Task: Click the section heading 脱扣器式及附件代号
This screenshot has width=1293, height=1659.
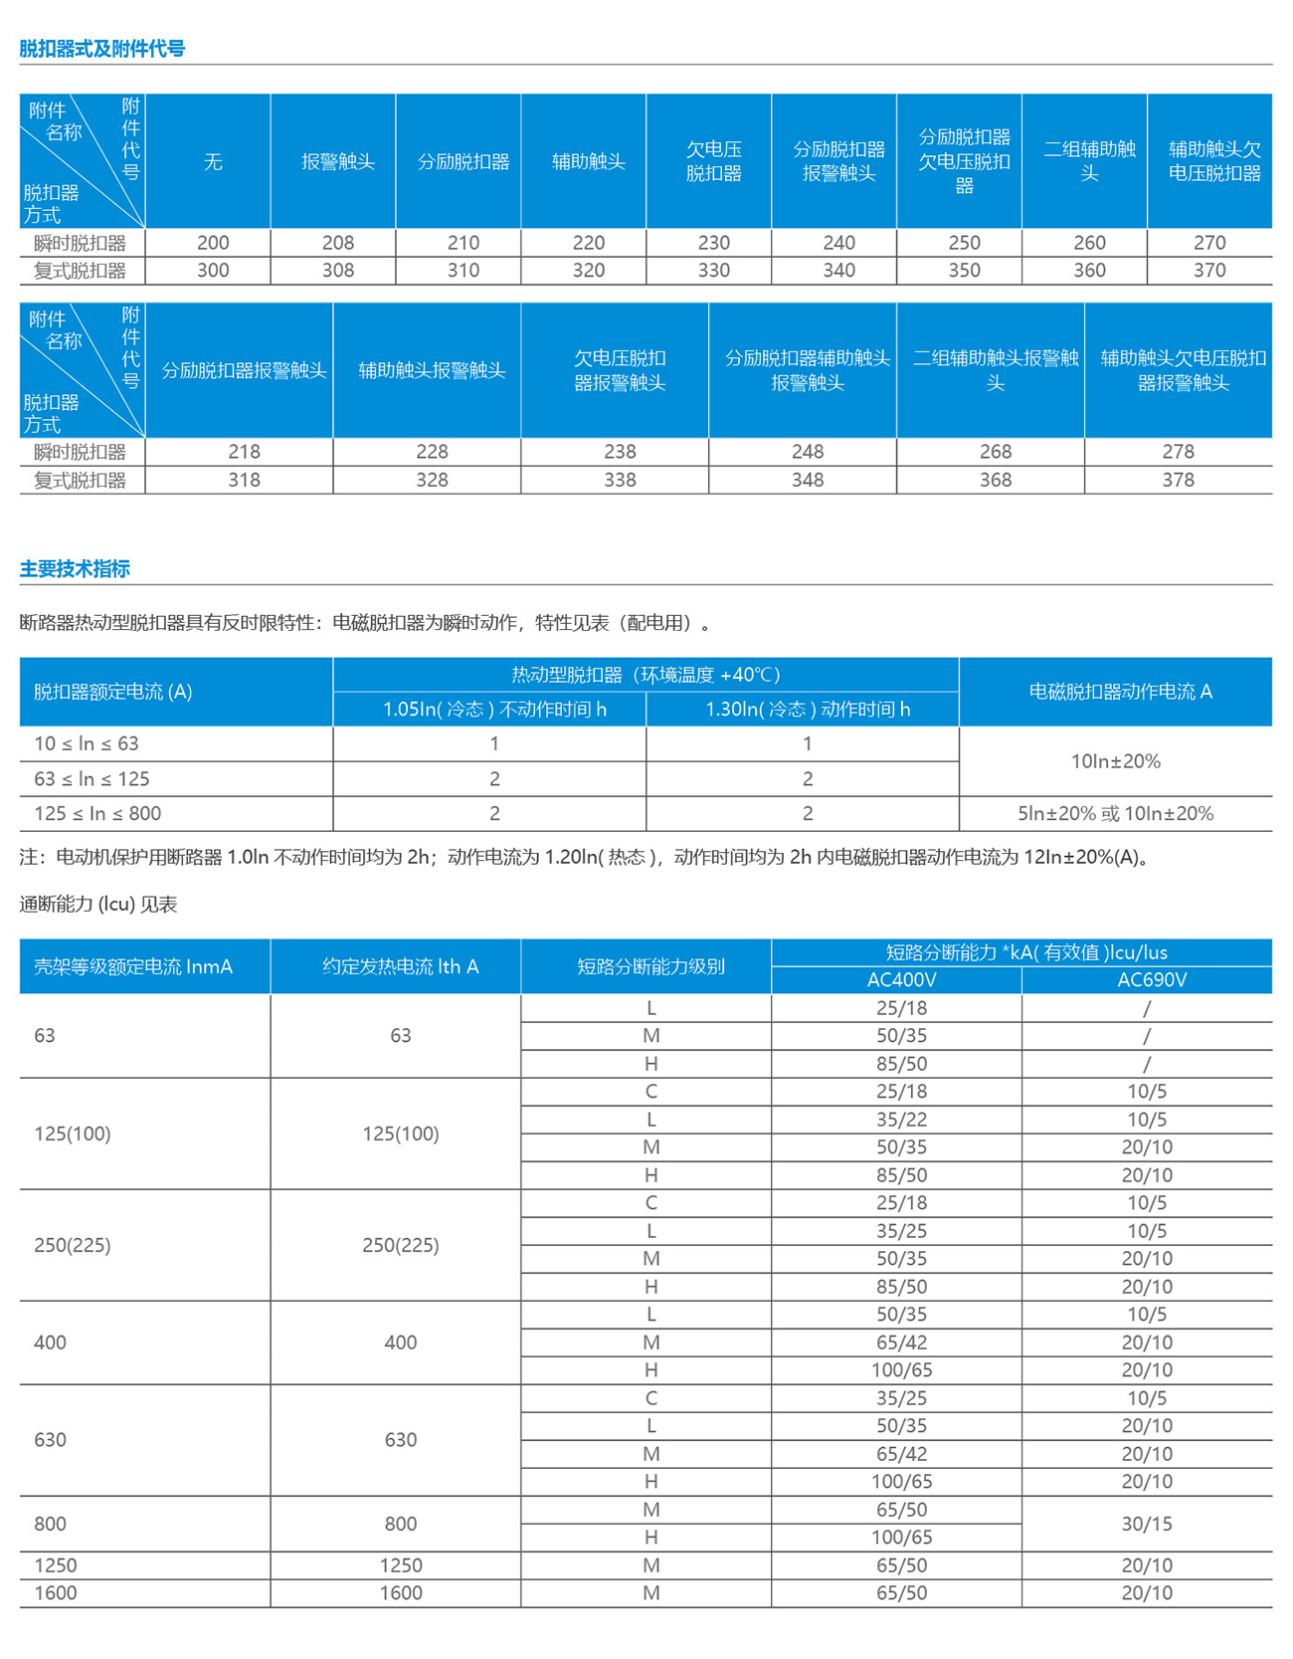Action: [x=102, y=49]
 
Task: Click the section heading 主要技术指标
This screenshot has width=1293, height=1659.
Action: [x=75, y=569]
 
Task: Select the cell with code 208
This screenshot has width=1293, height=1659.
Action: [x=338, y=243]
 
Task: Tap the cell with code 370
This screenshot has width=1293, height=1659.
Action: [x=1209, y=271]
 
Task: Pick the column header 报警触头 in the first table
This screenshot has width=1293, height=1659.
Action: [x=338, y=162]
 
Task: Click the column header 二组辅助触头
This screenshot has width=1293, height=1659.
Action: [x=1089, y=161]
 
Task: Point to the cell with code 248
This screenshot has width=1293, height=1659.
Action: [x=808, y=452]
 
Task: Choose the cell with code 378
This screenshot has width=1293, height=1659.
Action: [x=1179, y=480]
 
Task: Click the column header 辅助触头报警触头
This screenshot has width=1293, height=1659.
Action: [x=432, y=371]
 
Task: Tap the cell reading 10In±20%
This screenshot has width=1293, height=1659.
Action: [x=1115, y=761]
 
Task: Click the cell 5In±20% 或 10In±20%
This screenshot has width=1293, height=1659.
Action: [x=1115, y=814]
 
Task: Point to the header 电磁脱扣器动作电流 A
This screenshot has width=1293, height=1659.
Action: [x=1120, y=692]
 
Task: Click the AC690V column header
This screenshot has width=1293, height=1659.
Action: [x=1152, y=980]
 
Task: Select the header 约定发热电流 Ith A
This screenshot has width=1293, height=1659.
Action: [x=400, y=966]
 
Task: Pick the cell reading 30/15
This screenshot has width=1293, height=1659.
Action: [x=1147, y=1524]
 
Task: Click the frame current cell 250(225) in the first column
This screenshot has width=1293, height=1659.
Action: [x=73, y=1245]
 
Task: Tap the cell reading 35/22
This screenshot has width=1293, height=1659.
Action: [x=901, y=1120]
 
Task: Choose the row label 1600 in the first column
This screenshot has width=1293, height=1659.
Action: [x=56, y=1593]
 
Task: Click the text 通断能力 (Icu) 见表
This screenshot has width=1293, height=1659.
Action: [x=98, y=905]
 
